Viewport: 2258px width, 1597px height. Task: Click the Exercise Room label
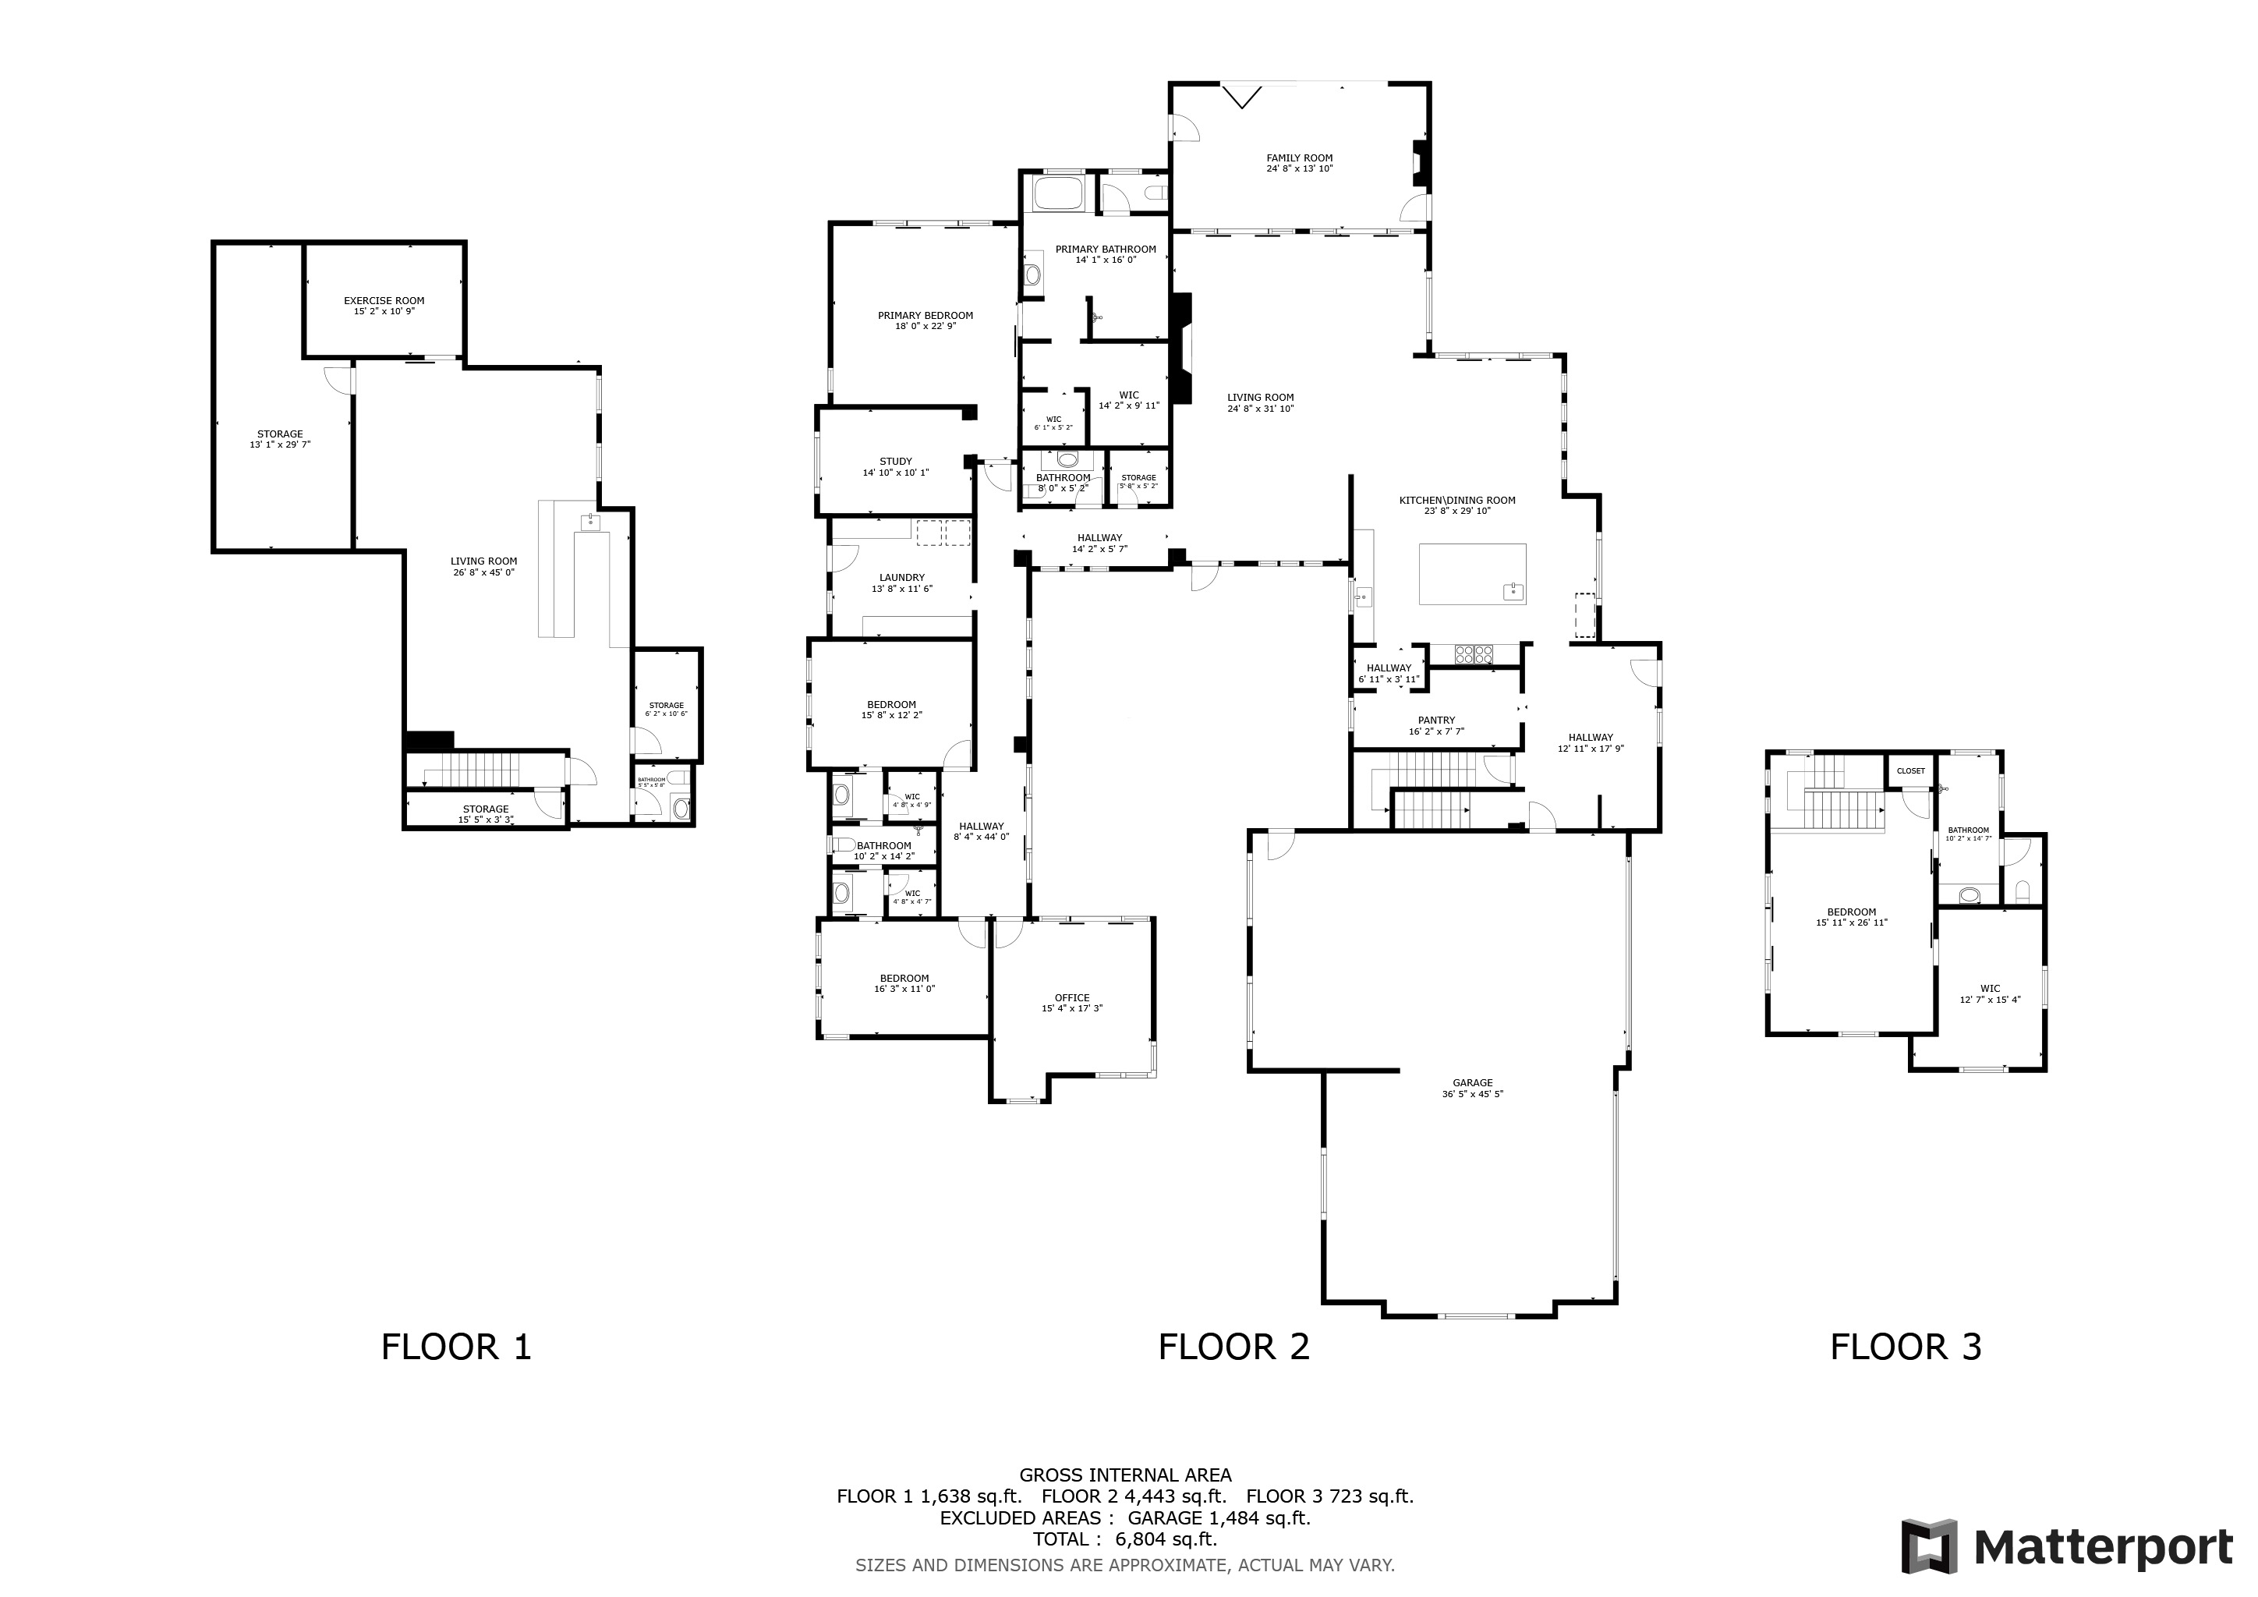[x=384, y=301]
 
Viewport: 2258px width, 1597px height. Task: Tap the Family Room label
[x=1299, y=158]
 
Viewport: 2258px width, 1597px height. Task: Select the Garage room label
[x=1472, y=1082]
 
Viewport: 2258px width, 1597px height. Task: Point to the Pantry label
[x=1437, y=720]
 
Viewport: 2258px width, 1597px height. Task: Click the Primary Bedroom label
[x=925, y=316]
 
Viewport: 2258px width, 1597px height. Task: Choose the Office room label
[x=1072, y=997]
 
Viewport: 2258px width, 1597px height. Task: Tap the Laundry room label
[x=902, y=577]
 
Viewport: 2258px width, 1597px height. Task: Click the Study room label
[x=896, y=461]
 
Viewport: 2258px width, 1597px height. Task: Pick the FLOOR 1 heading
[x=456, y=1346]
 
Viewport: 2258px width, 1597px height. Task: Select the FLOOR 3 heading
[x=1906, y=1346]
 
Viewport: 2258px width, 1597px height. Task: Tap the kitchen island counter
[x=1472, y=573]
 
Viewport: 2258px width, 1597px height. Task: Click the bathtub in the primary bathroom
[x=1057, y=193]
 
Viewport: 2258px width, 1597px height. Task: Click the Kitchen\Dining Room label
[x=1457, y=501]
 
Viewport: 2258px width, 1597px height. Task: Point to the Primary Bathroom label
[x=1106, y=249]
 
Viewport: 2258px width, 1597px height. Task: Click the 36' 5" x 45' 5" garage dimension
[x=1472, y=1093]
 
